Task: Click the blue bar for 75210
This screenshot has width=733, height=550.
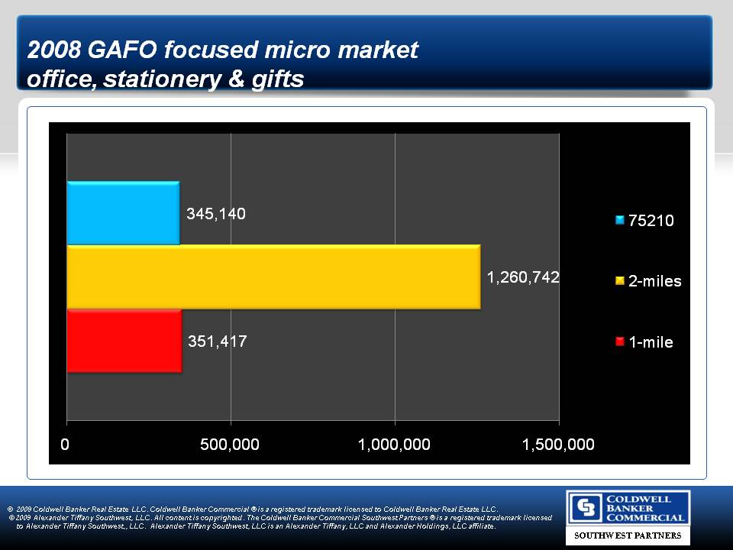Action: coord(124,213)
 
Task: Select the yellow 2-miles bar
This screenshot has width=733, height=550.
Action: coord(273,277)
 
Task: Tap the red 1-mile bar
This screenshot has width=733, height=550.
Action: coord(124,341)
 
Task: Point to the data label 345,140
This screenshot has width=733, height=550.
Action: coord(217,215)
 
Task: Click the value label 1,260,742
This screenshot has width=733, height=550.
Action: coord(524,278)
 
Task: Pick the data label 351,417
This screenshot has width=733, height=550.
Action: coord(218,341)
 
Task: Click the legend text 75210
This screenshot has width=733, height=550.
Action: coord(651,221)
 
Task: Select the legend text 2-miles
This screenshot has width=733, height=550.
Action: coord(654,282)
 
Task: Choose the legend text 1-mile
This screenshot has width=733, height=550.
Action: coord(651,343)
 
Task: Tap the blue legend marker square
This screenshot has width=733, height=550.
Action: coord(619,220)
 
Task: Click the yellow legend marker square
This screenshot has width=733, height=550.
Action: coord(619,281)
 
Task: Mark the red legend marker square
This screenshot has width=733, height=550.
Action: coord(619,342)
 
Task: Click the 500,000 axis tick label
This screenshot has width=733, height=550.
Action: coord(230,445)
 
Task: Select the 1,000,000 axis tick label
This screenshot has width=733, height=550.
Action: coord(394,445)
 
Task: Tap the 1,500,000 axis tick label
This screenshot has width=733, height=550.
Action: coord(558,445)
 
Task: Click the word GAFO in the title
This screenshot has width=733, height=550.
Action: coord(120,50)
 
